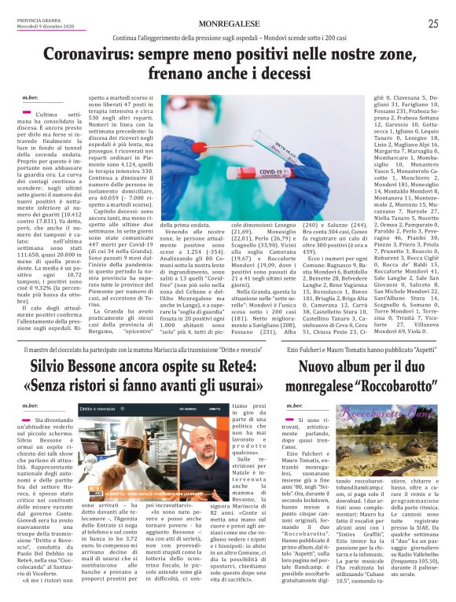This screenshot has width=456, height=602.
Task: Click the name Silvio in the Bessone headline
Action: coord(57,367)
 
